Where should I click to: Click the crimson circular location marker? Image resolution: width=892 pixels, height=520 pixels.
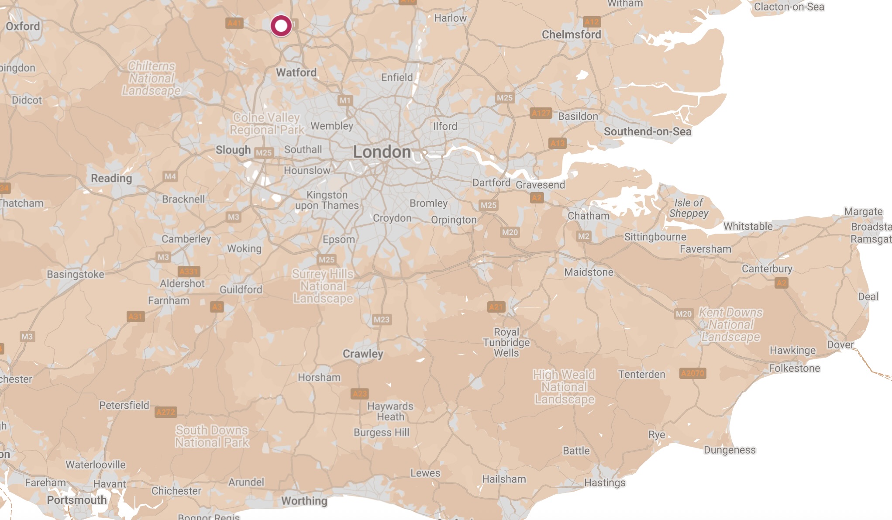pyautogui.click(x=281, y=26)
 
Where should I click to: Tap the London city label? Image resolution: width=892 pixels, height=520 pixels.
pyautogui.click(x=382, y=152)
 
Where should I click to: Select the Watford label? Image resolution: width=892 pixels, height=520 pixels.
pyautogui.click(x=296, y=72)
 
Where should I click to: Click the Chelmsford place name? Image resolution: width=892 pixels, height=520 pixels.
pyautogui.click(x=571, y=34)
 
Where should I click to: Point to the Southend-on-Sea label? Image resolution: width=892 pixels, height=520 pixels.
pyautogui.click(x=647, y=131)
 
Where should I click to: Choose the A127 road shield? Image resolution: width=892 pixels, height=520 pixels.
pyautogui.click(x=541, y=114)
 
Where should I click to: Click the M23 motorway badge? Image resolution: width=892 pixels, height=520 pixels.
pyautogui.click(x=381, y=320)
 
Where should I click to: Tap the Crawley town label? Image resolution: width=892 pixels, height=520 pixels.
pyautogui.click(x=362, y=354)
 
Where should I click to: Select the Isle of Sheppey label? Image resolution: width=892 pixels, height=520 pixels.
pyautogui.click(x=689, y=208)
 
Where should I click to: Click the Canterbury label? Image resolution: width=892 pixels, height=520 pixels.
pyautogui.click(x=767, y=269)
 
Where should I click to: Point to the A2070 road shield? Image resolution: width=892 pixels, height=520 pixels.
pyautogui.click(x=692, y=373)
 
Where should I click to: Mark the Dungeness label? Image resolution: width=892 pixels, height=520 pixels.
pyautogui.click(x=729, y=450)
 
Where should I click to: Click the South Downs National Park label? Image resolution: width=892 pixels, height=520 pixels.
pyautogui.click(x=212, y=436)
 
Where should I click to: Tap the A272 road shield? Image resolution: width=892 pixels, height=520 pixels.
pyautogui.click(x=165, y=412)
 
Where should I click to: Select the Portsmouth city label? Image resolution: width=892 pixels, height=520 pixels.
pyautogui.click(x=76, y=500)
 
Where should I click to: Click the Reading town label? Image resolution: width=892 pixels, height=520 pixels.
pyautogui.click(x=111, y=178)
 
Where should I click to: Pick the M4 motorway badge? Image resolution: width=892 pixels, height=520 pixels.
pyautogui.click(x=170, y=176)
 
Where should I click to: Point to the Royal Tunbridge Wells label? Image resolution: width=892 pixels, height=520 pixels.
pyautogui.click(x=506, y=342)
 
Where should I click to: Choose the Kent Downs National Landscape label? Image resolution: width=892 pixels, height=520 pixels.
pyautogui.click(x=730, y=324)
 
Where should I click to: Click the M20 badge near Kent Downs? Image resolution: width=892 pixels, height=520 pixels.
pyautogui.click(x=683, y=314)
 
